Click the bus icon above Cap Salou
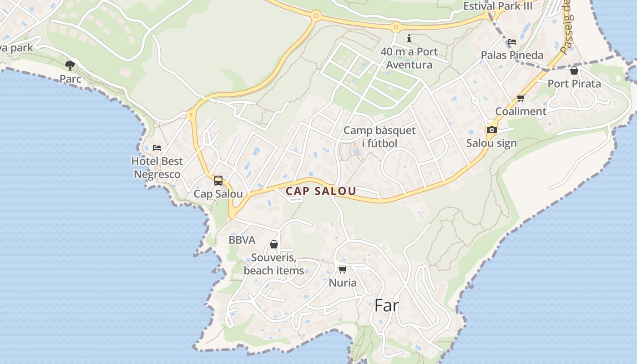pyautogui.click(x=218, y=181)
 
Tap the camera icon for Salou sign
pyautogui.click(x=491, y=130)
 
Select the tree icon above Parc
pyautogui.click(x=70, y=66)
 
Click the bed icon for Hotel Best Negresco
pyautogui.click(x=157, y=148)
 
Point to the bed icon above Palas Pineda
pyautogui.click(x=512, y=42)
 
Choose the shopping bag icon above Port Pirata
pyautogui.click(x=574, y=71)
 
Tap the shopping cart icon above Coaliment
pyautogui.click(x=521, y=98)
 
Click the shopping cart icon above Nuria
pyautogui.click(x=343, y=269)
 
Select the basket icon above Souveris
pyautogui.click(x=274, y=245)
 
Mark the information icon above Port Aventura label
pyautogui.click(x=409, y=38)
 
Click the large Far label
pyautogui.click(x=386, y=306)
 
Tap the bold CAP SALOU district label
pyautogui.click(x=321, y=192)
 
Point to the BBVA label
pyautogui.click(x=242, y=240)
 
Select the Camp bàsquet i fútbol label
pyautogui.click(x=379, y=137)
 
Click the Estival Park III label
pyautogui.click(x=498, y=6)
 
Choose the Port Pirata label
pyautogui.click(x=574, y=84)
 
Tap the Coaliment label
pyautogui.click(x=521, y=111)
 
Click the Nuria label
pyautogui.click(x=343, y=283)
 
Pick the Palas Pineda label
pyautogui.click(x=512, y=56)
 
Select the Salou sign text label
pyautogui.click(x=491, y=143)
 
